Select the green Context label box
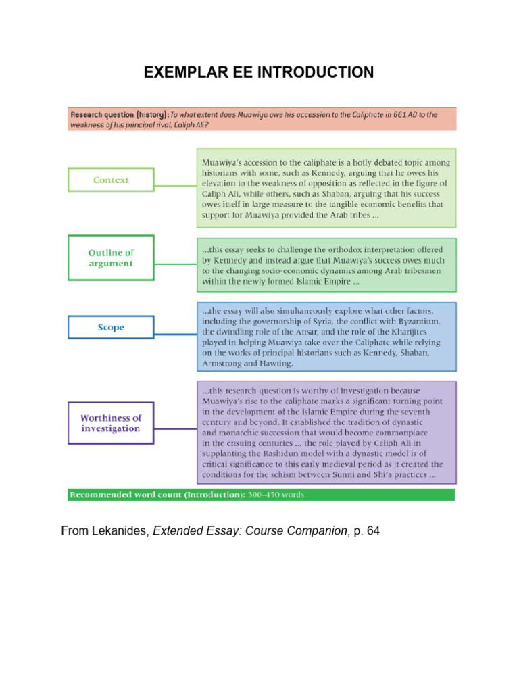click(111, 180)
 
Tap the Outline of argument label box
click(111, 258)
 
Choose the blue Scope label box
click(111, 327)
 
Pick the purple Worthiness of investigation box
click(111, 423)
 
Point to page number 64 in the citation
click(373, 531)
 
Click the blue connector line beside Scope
click(176, 327)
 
